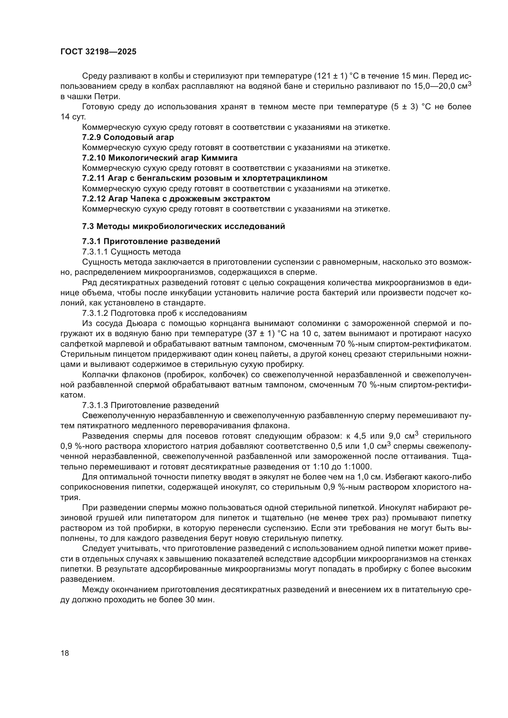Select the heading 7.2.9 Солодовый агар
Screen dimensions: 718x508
point(128,137)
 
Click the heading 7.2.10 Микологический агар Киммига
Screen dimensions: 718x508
point(159,157)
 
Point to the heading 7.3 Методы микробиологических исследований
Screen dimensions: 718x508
point(183,226)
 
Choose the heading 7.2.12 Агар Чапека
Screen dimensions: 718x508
point(176,199)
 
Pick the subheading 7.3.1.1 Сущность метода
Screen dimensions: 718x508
point(131,252)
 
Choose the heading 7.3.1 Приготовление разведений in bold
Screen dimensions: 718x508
point(151,241)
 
